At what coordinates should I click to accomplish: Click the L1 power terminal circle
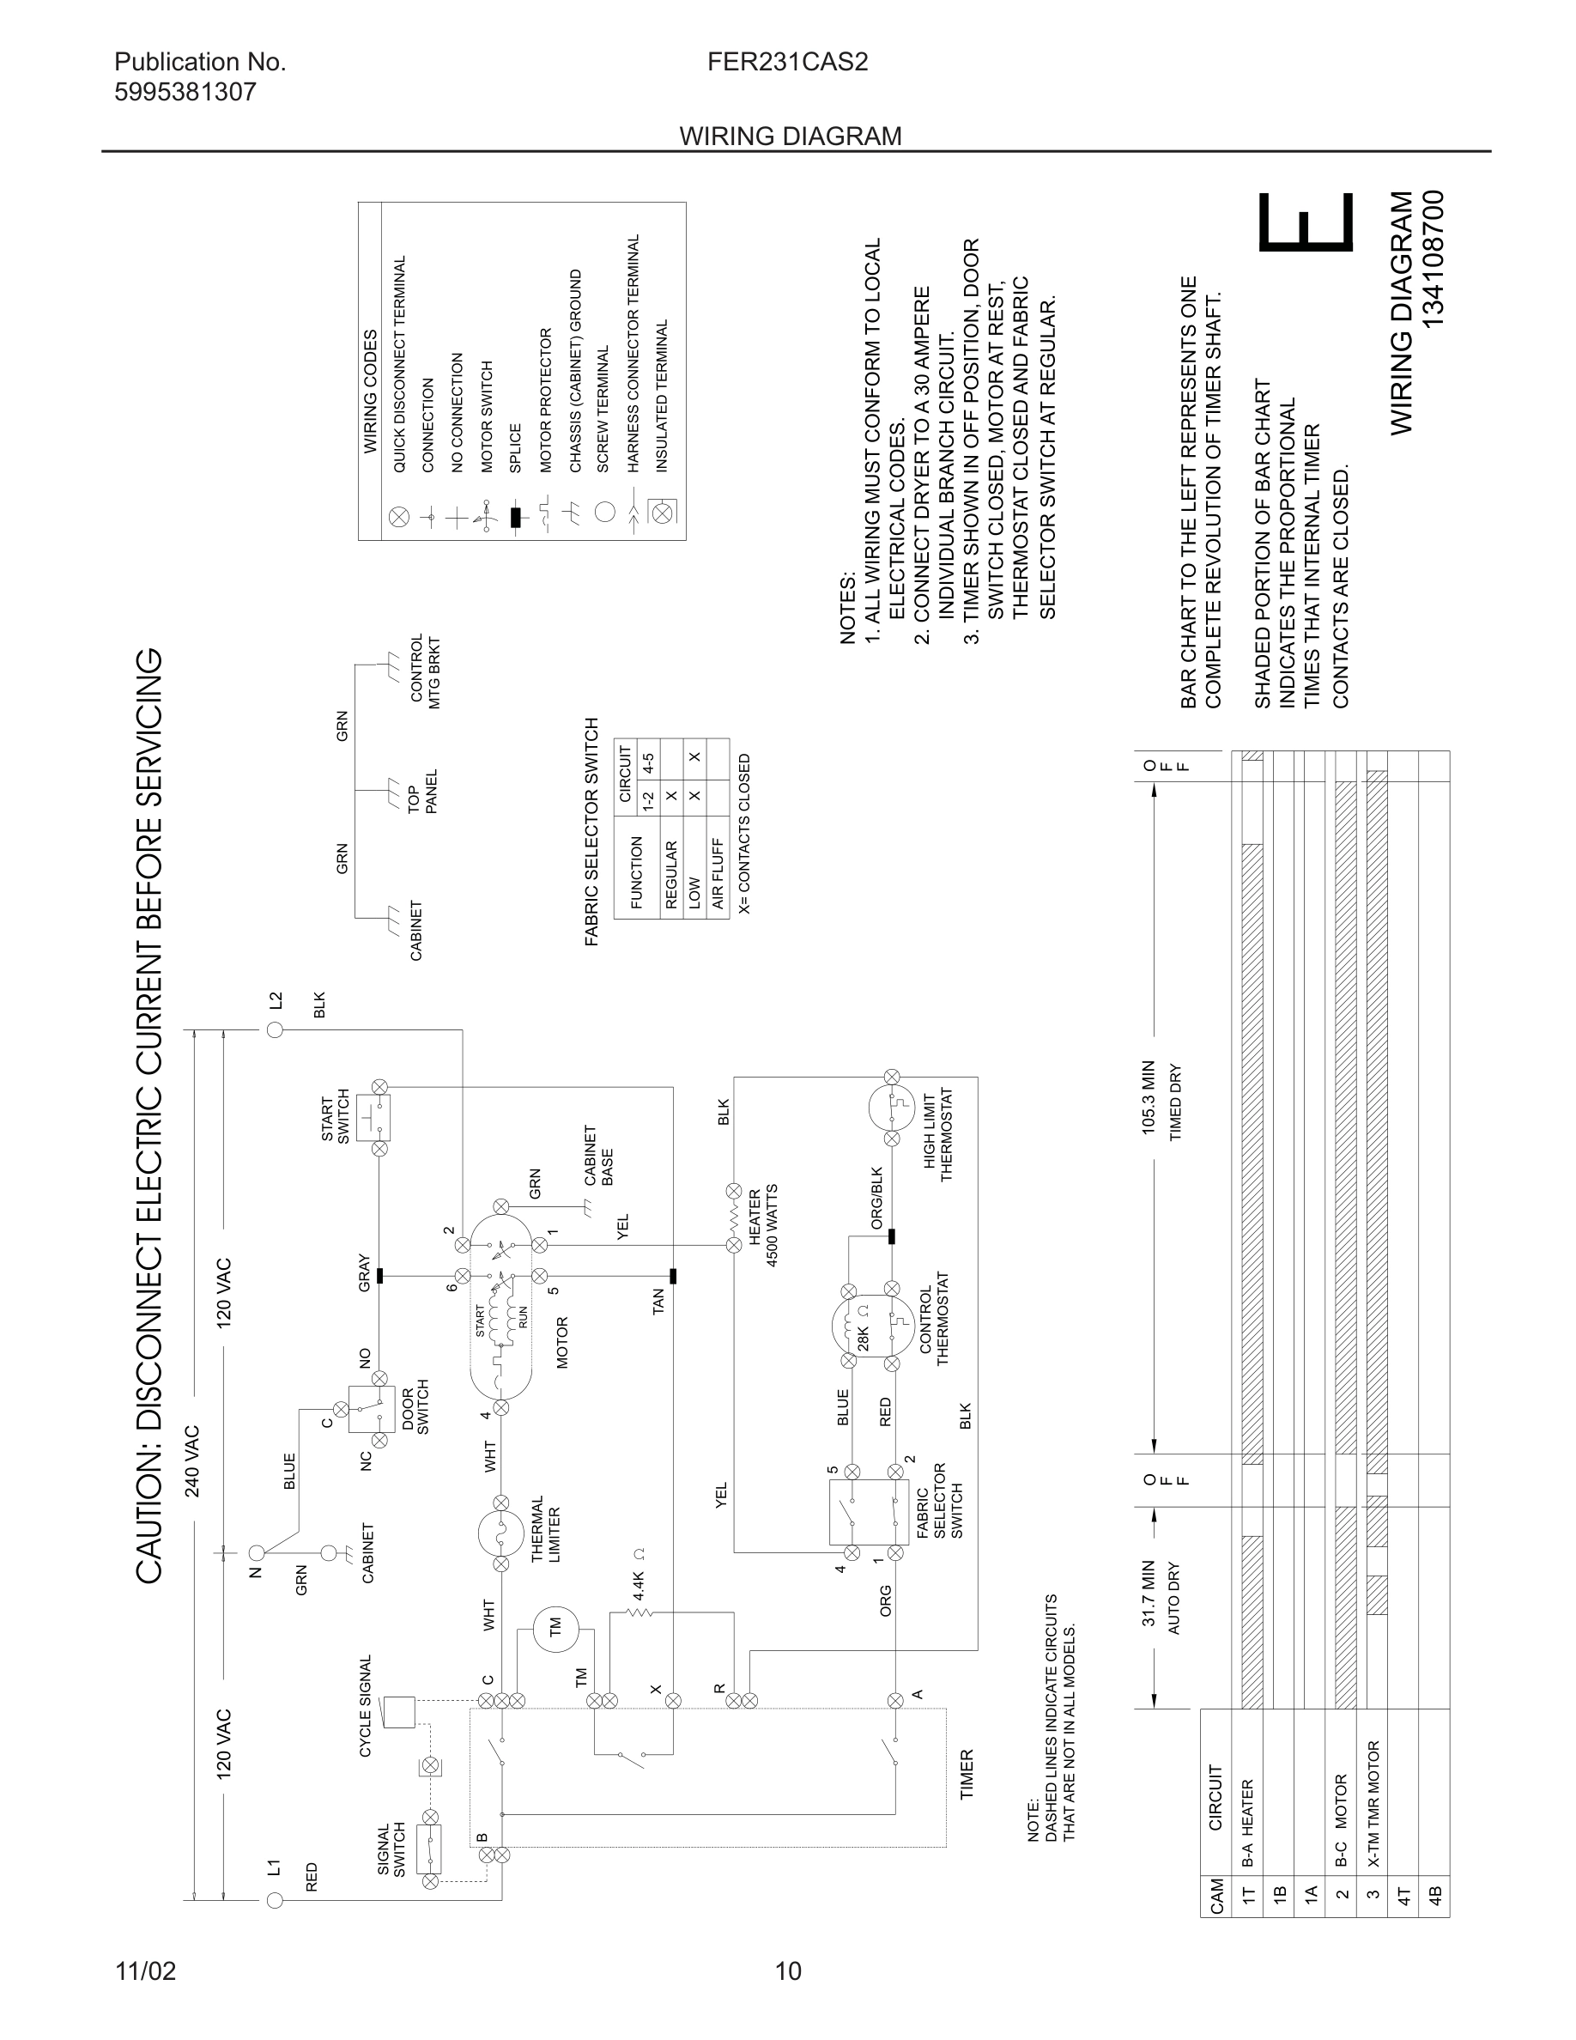point(276,1901)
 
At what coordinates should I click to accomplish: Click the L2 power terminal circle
point(276,1029)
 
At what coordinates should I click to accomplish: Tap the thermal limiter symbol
point(500,1533)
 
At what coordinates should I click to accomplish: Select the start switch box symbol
point(379,1118)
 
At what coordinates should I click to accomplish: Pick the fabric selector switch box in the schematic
point(870,1510)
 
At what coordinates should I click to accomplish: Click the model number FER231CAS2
point(787,62)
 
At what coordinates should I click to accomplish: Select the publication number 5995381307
point(185,92)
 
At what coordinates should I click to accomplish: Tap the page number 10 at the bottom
point(788,1970)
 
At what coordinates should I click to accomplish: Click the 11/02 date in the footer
point(145,1970)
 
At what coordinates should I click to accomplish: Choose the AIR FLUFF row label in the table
point(718,873)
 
